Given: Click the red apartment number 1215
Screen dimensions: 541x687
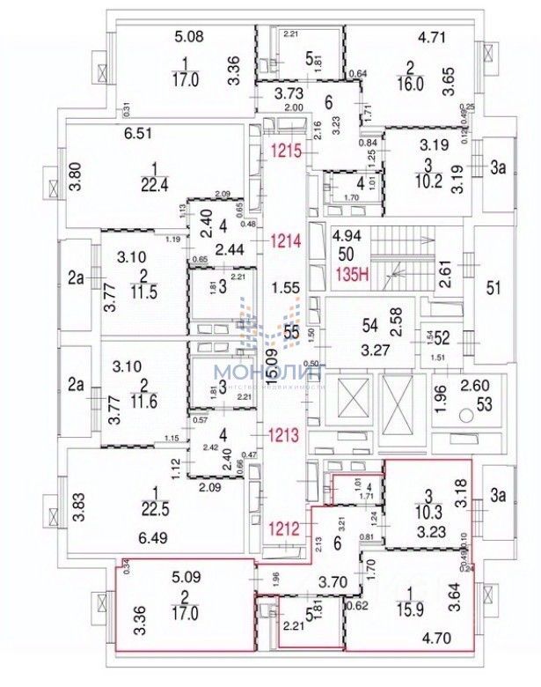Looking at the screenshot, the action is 287,150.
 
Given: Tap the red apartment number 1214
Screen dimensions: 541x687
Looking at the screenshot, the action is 287,239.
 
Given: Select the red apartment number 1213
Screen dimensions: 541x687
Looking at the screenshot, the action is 287,433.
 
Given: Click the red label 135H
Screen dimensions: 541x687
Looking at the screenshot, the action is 353,273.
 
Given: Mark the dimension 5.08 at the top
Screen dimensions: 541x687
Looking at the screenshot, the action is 190,37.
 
